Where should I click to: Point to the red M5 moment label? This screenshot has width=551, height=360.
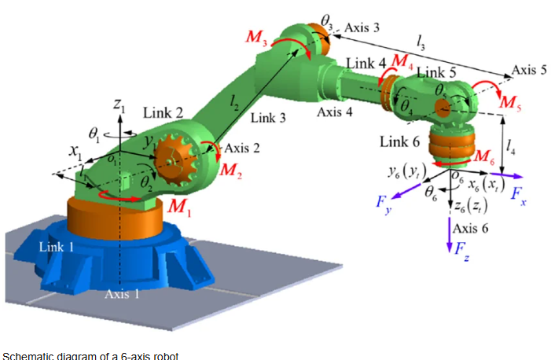pyautogui.click(x=509, y=102)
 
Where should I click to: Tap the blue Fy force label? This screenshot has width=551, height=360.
pyautogui.click(x=384, y=205)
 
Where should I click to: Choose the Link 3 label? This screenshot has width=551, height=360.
pyautogui.click(x=269, y=118)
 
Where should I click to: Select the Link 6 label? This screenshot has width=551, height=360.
pyautogui.click(x=399, y=141)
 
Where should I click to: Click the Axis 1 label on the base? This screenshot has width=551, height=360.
pyautogui.click(x=122, y=294)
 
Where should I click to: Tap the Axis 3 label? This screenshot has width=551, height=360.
pyautogui.click(x=362, y=28)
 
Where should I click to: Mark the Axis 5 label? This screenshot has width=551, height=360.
pyautogui.click(x=529, y=69)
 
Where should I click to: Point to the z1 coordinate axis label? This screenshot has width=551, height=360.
pyautogui.click(x=119, y=103)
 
